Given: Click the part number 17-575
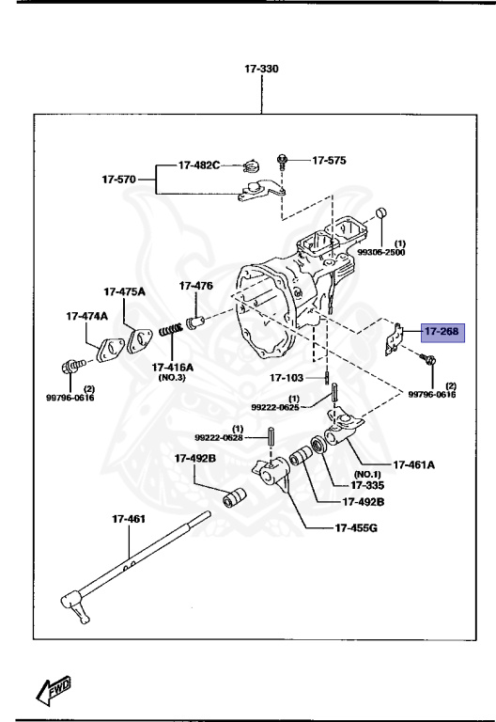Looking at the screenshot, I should point(329,161).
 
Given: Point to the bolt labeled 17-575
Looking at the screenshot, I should point(282,162).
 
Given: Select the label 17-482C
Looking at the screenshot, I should point(199,165).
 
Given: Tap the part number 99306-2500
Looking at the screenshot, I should point(382,252).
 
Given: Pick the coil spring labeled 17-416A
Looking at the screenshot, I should point(170,333).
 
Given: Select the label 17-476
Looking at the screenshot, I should point(196,285).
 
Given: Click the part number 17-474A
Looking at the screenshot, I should point(86,317).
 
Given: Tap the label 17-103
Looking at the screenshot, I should point(288,378).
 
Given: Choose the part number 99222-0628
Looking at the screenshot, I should point(218,437).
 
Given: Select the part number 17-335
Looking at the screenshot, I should point(369,485).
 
